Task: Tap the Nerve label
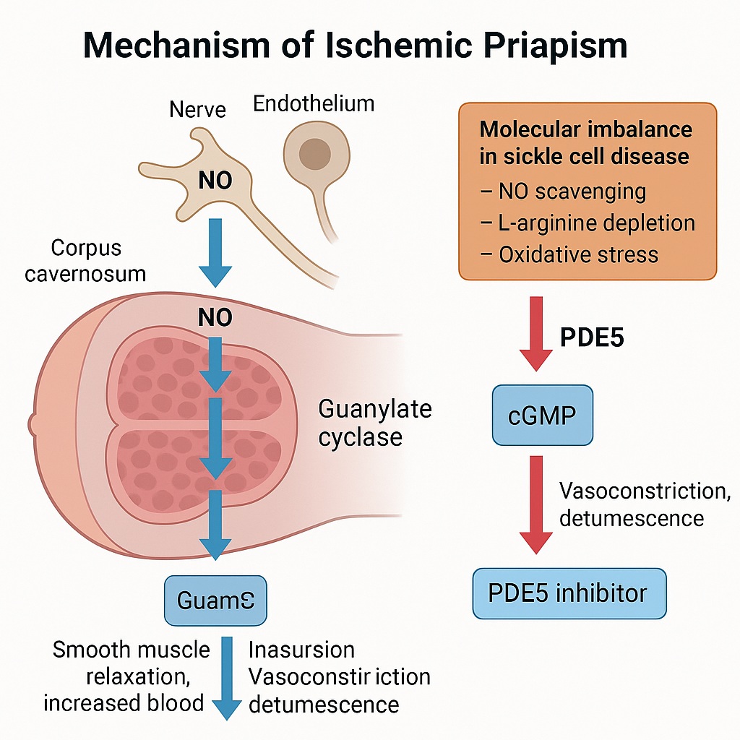click(x=197, y=109)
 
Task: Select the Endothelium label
click(x=314, y=103)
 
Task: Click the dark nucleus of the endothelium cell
click(x=315, y=153)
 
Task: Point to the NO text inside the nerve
click(x=215, y=180)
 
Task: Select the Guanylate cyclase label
click(x=374, y=423)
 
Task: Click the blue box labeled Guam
click(x=215, y=600)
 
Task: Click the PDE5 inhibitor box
click(x=569, y=593)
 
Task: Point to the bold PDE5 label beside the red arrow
click(x=592, y=337)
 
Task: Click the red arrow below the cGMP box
click(x=535, y=503)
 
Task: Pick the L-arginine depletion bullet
click(x=587, y=223)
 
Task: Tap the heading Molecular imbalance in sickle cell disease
click(x=585, y=142)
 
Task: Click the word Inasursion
click(x=301, y=649)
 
